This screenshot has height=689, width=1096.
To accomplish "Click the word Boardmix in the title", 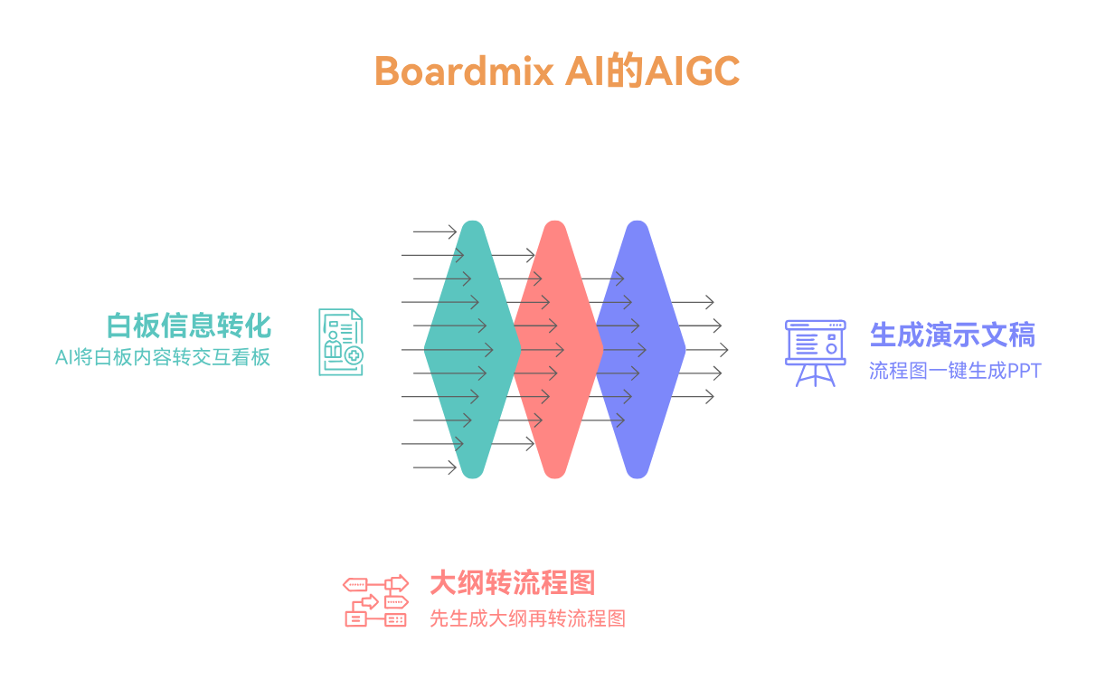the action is (464, 71).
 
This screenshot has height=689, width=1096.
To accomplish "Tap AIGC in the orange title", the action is (693, 71).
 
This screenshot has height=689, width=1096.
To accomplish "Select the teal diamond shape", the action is (473, 349).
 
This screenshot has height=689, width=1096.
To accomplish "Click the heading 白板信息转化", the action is (189, 326).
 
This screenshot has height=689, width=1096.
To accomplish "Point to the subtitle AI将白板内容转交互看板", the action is (163, 357).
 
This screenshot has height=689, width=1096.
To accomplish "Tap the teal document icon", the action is (341, 342).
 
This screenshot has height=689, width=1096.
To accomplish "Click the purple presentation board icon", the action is (815, 354).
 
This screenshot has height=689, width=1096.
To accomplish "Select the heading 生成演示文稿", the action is (952, 335).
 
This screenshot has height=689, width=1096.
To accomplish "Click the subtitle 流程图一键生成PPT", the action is (955, 371).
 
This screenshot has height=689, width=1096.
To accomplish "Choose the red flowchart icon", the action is (376, 600).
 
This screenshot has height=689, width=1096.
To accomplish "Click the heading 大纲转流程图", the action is (513, 583).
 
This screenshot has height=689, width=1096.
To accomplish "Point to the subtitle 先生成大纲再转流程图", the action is (527, 618).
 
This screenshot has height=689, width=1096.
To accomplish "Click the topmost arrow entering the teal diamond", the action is (434, 231).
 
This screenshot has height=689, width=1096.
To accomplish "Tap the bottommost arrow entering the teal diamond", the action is (434, 467).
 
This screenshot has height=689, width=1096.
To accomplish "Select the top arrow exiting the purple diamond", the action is (692, 302).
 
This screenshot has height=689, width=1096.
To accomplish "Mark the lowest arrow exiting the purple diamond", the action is (692, 396).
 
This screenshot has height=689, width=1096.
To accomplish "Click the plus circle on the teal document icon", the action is (354, 355).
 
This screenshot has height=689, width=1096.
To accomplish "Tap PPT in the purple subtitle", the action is (1025, 371).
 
